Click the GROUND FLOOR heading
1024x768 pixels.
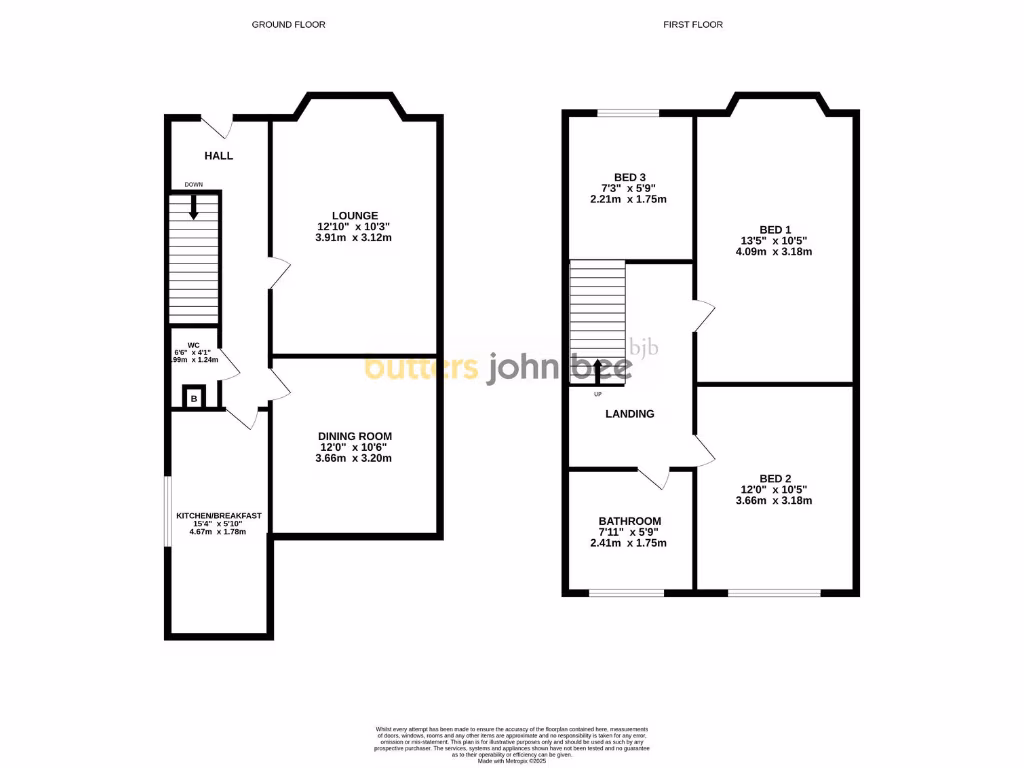pyautogui.click(x=288, y=24)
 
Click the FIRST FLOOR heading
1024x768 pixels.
pyautogui.click(x=693, y=24)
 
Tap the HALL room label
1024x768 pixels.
pyautogui.click(x=219, y=156)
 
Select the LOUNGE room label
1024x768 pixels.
pyautogui.click(x=355, y=215)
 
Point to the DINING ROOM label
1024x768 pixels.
pyautogui.click(x=355, y=436)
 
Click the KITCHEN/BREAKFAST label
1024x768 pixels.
pyautogui.click(x=218, y=516)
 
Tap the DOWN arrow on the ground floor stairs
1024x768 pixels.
pyautogui.click(x=193, y=206)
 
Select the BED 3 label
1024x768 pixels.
pyautogui.click(x=629, y=178)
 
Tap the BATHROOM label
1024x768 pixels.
pyautogui.click(x=629, y=521)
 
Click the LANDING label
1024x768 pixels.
pyautogui.click(x=630, y=414)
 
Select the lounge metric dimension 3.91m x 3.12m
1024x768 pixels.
pyautogui.click(x=355, y=238)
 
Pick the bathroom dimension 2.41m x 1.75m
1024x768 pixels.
pyautogui.click(x=629, y=543)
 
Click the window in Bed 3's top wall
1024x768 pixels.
pyautogui.click(x=629, y=114)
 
